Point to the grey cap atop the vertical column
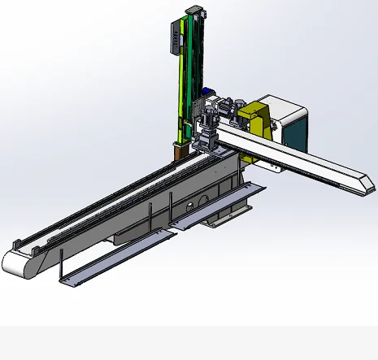click(x=193, y=9)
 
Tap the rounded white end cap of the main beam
click(x=16, y=262)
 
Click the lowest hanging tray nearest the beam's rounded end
click(x=114, y=258)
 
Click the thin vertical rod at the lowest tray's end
click(x=63, y=265)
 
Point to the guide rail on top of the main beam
click(x=106, y=195)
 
